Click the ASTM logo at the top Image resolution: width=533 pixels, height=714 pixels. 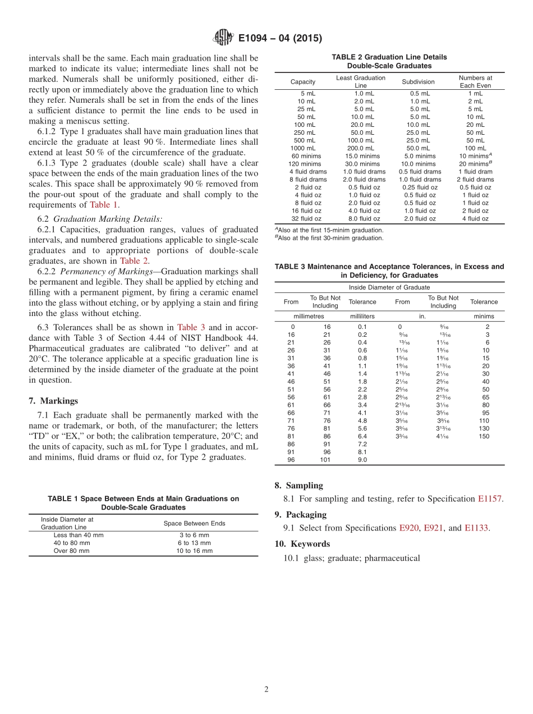(x=222, y=38)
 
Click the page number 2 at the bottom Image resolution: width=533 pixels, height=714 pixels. (x=266, y=689)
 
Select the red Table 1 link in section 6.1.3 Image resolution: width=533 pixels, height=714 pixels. (x=104, y=205)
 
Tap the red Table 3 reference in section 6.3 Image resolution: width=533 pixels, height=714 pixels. (x=191, y=327)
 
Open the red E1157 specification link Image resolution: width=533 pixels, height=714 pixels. (x=490, y=498)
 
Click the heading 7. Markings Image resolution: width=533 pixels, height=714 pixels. (x=53, y=401)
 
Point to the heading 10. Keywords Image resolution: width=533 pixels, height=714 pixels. (x=302, y=543)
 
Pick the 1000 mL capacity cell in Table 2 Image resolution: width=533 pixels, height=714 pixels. (x=303, y=148)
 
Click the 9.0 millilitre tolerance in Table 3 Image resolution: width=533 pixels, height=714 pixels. (x=362, y=460)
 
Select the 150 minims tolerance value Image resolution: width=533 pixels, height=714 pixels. (x=484, y=436)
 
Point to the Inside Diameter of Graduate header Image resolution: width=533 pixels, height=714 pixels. (x=389, y=287)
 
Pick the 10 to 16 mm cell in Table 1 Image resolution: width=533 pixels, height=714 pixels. (x=194, y=551)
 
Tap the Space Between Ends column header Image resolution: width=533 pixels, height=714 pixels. (x=194, y=523)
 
